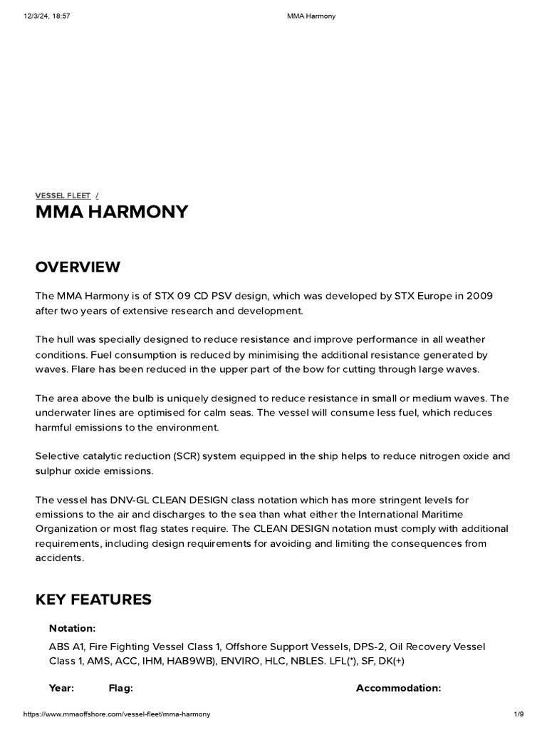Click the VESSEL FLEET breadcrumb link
click(x=63, y=195)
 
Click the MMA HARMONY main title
click(x=112, y=212)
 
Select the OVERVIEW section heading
click(x=78, y=267)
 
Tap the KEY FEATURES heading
click(x=93, y=600)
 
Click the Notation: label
click(x=72, y=628)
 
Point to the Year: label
click(x=61, y=688)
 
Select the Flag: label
click(x=120, y=688)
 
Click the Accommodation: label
click(x=398, y=688)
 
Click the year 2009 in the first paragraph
click(x=480, y=296)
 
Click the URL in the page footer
click(x=117, y=714)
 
